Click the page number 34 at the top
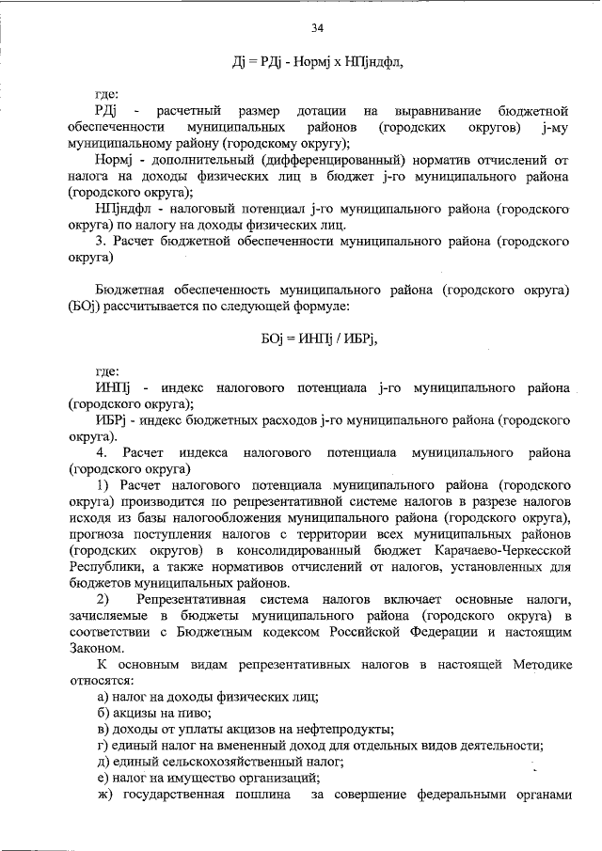317,26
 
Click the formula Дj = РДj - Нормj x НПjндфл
317,62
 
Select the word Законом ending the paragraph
93,649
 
